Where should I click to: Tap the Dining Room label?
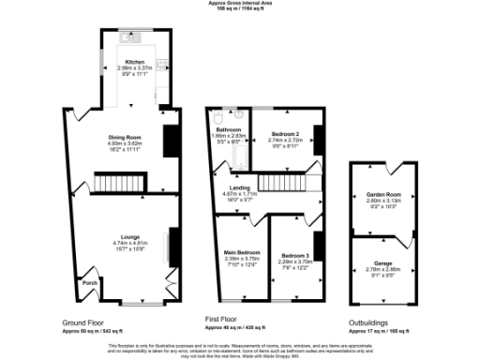click(x=126, y=137)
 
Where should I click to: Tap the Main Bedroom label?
click(x=242, y=253)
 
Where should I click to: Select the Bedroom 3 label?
click(x=295, y=255)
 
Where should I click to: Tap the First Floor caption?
click(x=225, y=320)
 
